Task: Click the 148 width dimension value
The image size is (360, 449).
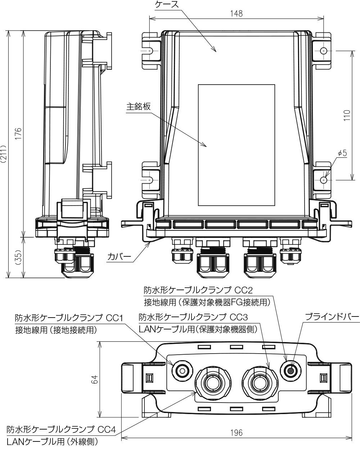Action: pos(237,14)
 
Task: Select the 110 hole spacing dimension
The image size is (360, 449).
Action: pos(347,115)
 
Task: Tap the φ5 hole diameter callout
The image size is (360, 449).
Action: pos(342,153)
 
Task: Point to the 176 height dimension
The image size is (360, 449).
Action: pos(18,134)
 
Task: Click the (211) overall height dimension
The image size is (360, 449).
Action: pos(3,155)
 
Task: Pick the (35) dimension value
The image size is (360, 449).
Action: pos(18,258)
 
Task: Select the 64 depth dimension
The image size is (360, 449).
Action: pos(94,379)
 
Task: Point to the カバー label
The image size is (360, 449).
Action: pos(119,257)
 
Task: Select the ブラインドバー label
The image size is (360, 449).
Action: pos(332,317)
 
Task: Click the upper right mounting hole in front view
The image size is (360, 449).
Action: pos(324,51)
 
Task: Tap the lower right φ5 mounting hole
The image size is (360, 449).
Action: pos(324,179)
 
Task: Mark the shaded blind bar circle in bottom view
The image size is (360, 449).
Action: pos(290,369)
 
